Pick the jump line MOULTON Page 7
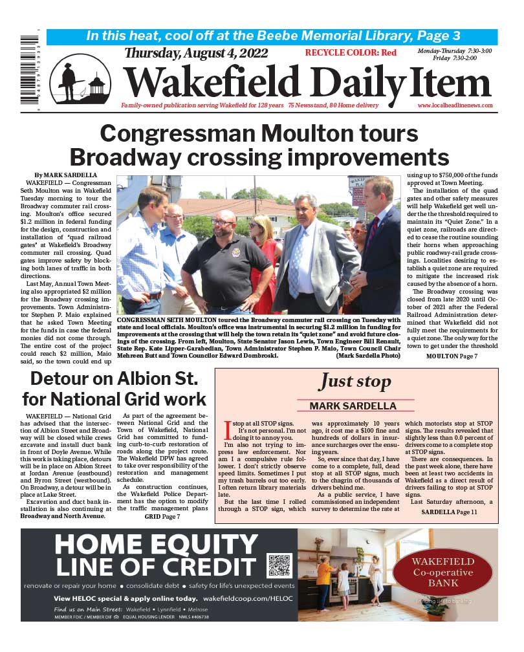[x=452, y=356]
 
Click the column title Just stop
[x=355, y=382]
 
